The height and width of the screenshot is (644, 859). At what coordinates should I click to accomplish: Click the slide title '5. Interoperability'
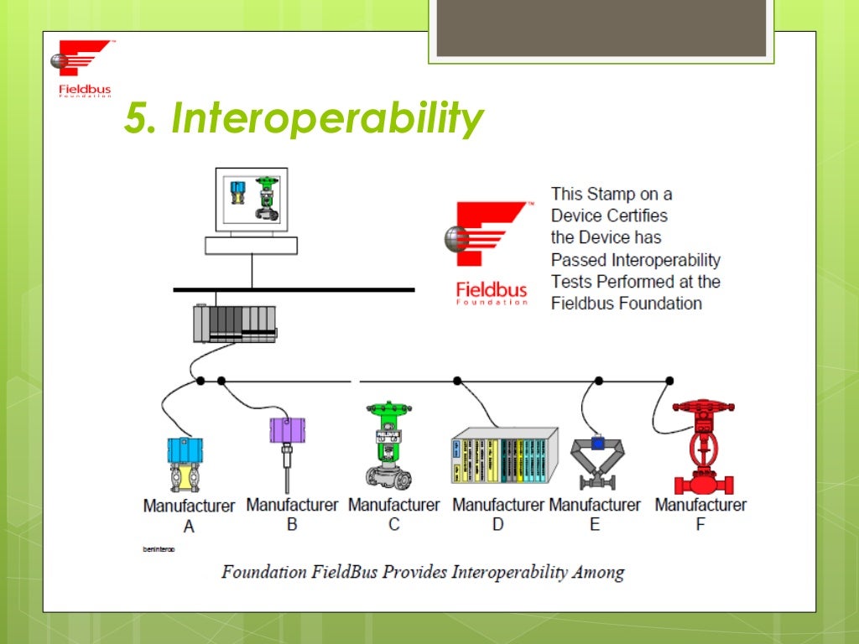pyautogui.click(x=304, y=118)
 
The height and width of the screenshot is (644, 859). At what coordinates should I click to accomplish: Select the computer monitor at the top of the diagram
pyautogui.click(x=251, y=199)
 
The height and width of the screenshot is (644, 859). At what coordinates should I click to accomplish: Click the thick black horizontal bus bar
pyautogui.click(x=294, y=289)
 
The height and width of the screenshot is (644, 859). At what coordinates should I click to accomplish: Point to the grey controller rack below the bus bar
pyautogui.click(x=234, y=324)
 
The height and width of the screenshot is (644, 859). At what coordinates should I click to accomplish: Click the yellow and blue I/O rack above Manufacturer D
pyautogui.click(x=503, y=455)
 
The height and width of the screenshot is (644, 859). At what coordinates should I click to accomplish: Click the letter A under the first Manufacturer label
pyautogui.click(x=189, y=527)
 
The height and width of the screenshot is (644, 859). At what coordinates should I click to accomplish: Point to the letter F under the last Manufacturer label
pyautogui.click(x=700, y=525)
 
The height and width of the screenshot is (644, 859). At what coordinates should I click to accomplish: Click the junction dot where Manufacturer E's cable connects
pyautogui.click(x=598, y=381)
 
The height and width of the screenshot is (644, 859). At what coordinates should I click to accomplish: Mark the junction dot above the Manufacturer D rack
pyautogui.click(x=457, y=381)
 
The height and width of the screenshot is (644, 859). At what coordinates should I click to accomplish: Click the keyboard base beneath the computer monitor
pyautogui.click(x=251, y=244)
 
